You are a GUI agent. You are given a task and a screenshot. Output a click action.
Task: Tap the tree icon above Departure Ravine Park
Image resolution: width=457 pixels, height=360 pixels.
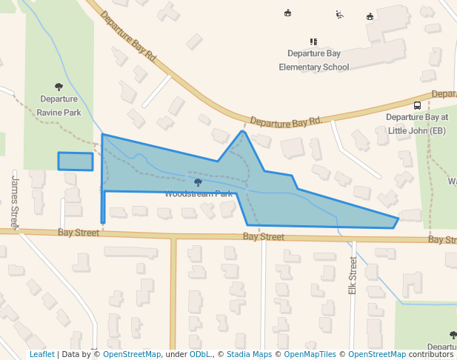pos(59,87)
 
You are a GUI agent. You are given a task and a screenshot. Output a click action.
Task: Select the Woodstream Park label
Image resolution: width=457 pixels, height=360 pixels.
pos(199,194)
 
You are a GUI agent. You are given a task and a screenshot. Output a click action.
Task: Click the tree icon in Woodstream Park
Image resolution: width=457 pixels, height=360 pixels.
pos(198,182)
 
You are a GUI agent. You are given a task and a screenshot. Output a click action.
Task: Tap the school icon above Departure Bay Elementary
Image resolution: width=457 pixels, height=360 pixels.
pos(313,41)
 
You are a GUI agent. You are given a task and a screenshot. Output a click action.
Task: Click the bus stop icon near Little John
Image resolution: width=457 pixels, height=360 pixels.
pos(417,105)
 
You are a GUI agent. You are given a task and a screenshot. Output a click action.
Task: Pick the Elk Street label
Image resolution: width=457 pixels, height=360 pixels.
pos(353,276)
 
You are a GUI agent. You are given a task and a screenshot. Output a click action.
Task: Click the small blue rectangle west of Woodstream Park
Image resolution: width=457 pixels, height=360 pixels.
pos(76,161)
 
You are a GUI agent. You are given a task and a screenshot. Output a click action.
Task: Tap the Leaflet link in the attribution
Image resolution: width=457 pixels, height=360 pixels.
pos(41,355)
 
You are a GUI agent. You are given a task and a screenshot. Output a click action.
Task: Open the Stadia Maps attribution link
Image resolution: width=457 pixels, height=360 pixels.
pos(251,355)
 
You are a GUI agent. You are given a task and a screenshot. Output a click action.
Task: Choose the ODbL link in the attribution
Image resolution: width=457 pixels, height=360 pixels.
pos(199,355)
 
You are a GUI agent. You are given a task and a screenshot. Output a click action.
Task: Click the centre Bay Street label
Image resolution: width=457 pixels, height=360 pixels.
pos(264,237)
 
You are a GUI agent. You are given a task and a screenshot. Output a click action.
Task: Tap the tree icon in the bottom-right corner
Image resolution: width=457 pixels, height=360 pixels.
pos(453,336)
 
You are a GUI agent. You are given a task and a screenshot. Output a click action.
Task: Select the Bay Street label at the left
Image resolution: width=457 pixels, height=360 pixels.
pos(79,233)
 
